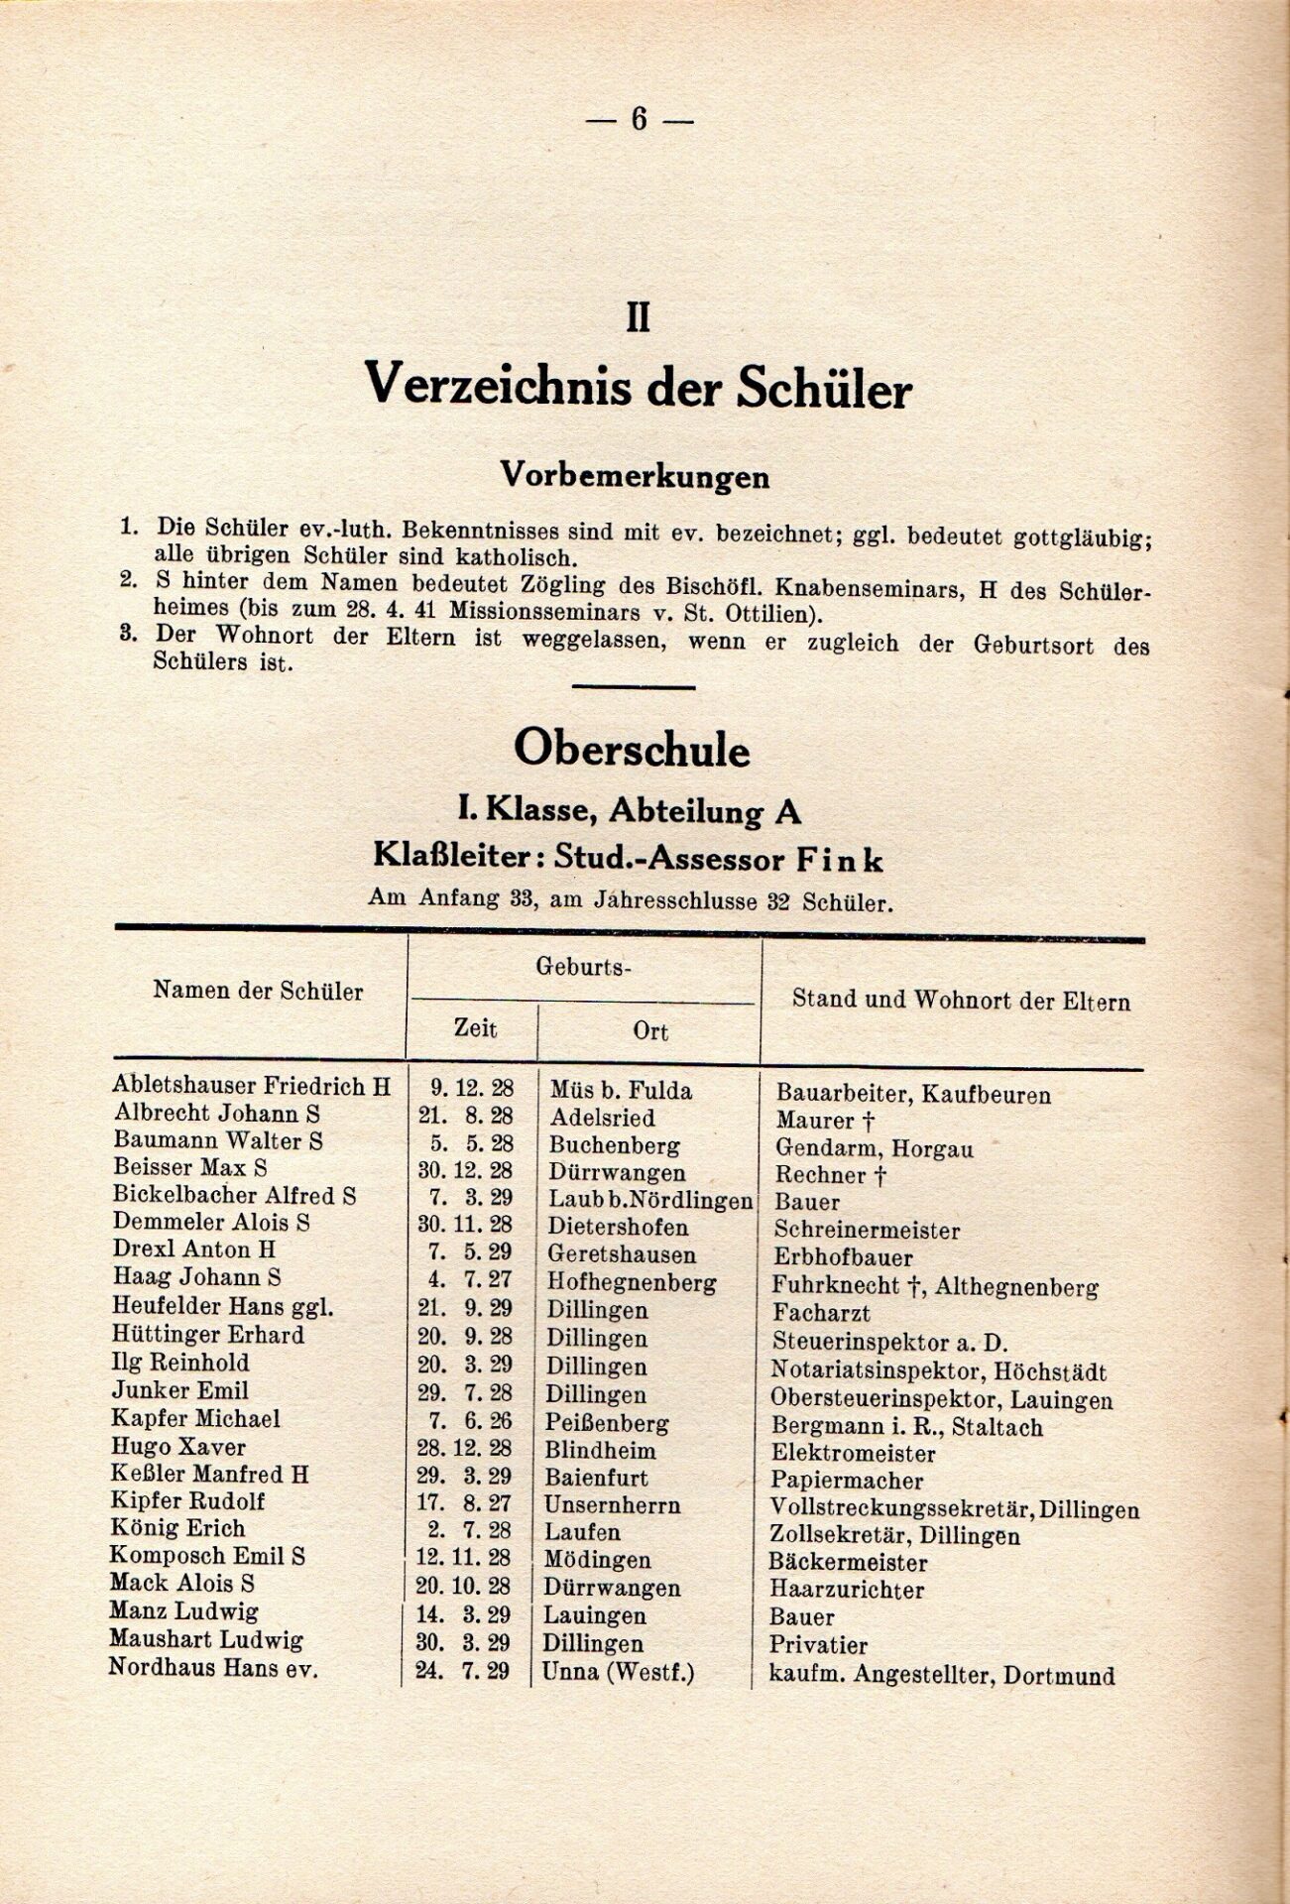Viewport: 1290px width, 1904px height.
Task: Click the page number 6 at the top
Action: [x=638, y=120]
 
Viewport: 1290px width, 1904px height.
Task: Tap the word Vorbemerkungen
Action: [x=635, y=476]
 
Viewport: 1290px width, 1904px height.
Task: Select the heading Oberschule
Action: [x=632, y=751]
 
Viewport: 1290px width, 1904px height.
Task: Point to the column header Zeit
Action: [x=475, y=1028]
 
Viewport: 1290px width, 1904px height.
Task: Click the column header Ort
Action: [x=650, y=1031]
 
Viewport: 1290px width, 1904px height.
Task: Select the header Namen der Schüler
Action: [x=258, y=991]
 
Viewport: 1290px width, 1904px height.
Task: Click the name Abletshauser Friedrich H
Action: [x=252, y=1086]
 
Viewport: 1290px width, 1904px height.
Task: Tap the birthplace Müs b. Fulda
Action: [x=621, y=1091]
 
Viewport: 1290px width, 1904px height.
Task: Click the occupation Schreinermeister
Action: [x=867, y=1231]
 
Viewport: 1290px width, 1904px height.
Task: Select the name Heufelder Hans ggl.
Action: [x=223, y=1307]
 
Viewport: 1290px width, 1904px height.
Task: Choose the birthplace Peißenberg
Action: [x=608, y=1424]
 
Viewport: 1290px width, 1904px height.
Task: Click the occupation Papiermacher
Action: [x=848, y=1481]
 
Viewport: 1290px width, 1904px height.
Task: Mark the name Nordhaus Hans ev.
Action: [x=213, y=1668]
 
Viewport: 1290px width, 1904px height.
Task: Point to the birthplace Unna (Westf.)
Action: [x=619, y=1672]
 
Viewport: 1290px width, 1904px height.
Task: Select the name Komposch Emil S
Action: [x=207, y=1556]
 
